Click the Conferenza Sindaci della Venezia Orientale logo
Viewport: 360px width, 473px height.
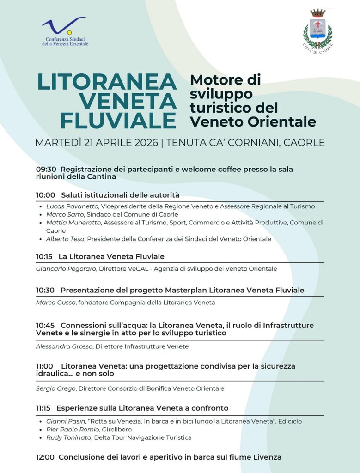[x=64, y=31]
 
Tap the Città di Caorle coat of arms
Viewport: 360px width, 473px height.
[x=317, y=30]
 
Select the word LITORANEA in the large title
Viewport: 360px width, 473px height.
[x=107, y=82]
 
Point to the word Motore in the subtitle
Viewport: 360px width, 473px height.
[x=213, y=80]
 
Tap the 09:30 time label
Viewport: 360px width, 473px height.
[x=45, y=170]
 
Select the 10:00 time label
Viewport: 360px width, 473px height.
[x=45, y=195]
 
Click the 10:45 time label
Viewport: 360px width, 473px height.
[x=45, y=326]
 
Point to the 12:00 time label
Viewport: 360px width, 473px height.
[x=45, y=457]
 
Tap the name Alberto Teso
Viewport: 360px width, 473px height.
[x=65, y=239]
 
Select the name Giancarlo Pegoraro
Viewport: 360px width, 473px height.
[x=66, y=269]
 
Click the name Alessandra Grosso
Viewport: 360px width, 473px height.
[x=64, y=346]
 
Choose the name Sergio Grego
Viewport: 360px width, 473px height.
[x=55, y=389]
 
